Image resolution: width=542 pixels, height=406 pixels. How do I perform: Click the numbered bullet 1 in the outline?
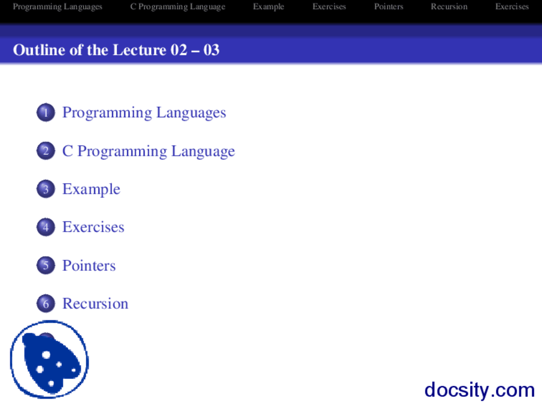(46, 112)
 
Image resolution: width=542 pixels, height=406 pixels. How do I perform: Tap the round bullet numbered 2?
(46, 151)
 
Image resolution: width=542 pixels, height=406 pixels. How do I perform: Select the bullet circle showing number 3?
(46, 189)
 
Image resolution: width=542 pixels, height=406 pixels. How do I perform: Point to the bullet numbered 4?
(46, 227)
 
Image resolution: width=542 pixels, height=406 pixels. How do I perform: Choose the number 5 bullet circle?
(46, 265)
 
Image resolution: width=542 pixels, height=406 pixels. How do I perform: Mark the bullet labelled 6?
(46, 304)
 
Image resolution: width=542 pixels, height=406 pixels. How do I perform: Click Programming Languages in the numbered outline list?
(144, 113)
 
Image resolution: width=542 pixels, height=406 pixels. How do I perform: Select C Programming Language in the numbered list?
(149, 151)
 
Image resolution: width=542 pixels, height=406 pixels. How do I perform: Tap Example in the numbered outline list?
(91, 189)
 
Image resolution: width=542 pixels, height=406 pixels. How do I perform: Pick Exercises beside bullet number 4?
(93, 227)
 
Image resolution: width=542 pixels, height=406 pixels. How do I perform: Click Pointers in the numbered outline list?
(89, 265)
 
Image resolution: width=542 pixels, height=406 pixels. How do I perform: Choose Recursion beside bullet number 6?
(95, 303)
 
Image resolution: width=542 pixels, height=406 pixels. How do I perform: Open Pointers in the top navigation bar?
(389, 6)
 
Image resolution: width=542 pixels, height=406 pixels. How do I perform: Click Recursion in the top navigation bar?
(449, 6)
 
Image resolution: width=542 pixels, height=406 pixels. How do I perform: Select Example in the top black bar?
(268, 7)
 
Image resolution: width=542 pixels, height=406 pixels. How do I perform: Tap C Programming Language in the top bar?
(178, 7)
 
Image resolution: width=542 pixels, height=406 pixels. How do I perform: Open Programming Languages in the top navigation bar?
(58, 7)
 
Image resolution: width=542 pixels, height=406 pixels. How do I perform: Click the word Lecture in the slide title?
(139, 50)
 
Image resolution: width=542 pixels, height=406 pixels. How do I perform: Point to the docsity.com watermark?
(479, 390)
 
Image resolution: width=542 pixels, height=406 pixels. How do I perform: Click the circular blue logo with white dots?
(50, 359)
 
